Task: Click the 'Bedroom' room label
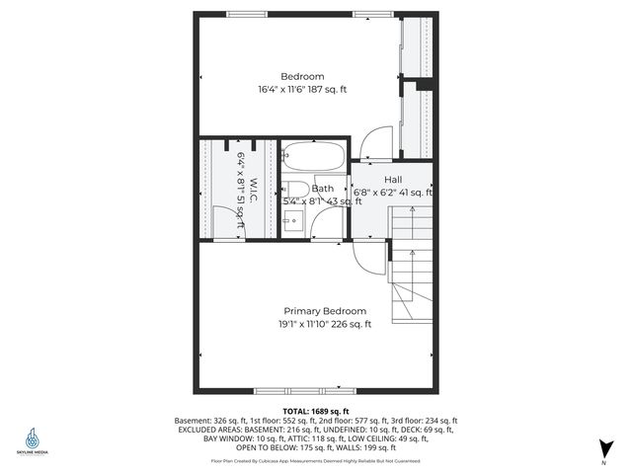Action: tap(302, 76)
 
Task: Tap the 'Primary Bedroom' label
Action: tap(325, 310)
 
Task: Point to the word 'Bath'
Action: tap(322, 189)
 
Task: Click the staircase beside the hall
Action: tap(413, 281)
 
